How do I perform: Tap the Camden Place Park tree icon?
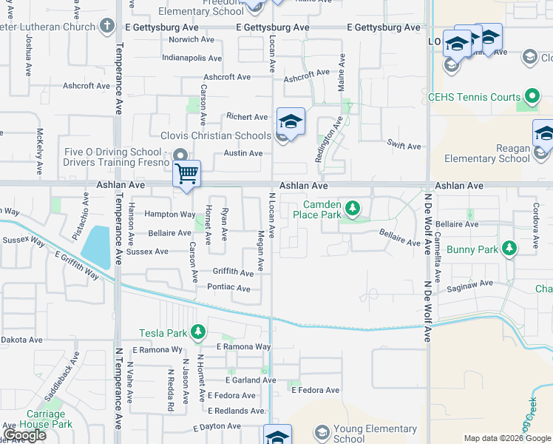point(353,209)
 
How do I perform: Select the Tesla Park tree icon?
point(197,332)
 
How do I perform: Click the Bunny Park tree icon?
point(509,249)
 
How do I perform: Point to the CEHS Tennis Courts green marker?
point(532,97)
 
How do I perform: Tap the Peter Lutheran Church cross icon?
point(107,27)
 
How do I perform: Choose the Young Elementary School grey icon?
point(322,431)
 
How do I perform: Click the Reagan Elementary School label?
point(487,153)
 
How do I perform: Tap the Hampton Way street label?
point(170,215)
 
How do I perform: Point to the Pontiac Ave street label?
point(230,287)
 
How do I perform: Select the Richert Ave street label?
point(247,117)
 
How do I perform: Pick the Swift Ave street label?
point(404,147)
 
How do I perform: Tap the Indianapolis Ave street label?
point(191,58)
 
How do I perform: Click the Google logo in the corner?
point(24,435)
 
